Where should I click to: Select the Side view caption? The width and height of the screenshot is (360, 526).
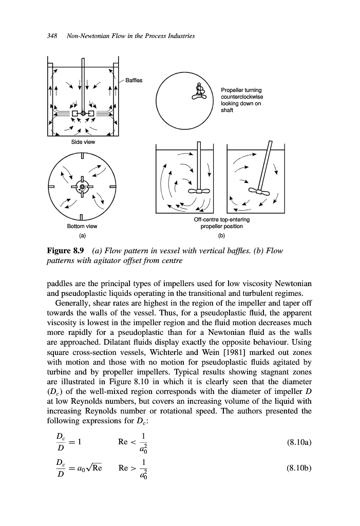tap(82, 142)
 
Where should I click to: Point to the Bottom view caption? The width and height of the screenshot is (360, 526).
tap(82, 226)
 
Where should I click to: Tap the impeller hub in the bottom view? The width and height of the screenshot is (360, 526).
tap(82, 181)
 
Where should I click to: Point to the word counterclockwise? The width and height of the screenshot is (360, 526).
tap(242, 97)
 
